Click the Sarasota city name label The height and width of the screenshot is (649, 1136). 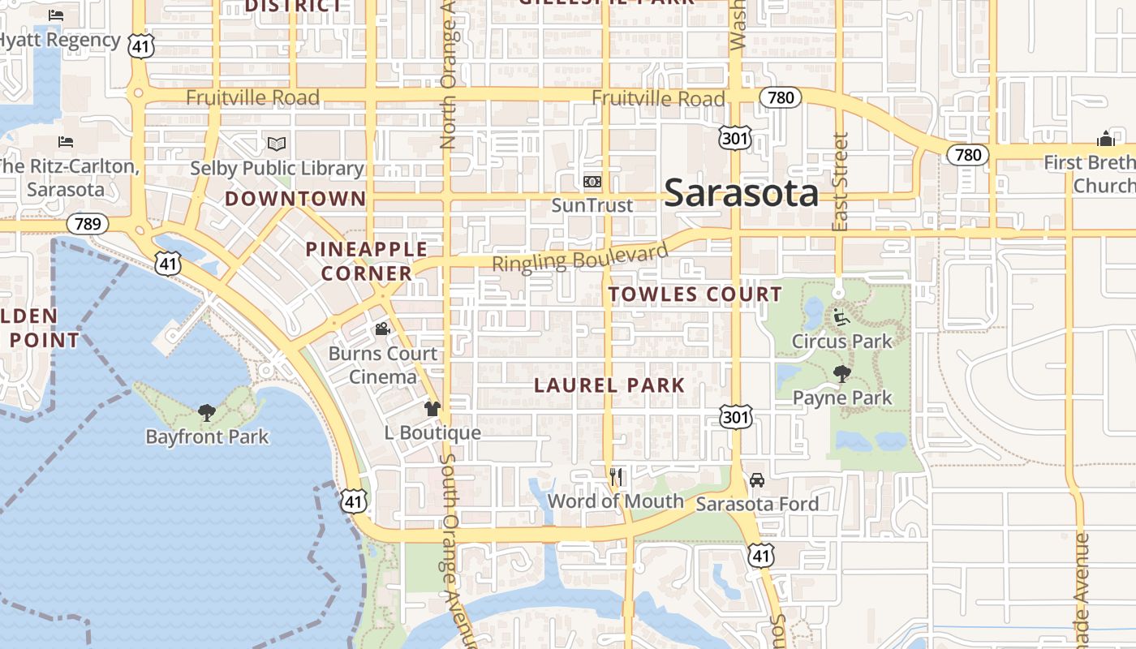point(741,193)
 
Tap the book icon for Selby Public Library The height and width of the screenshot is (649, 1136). point(277,144)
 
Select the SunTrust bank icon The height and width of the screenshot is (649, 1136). point(592,182)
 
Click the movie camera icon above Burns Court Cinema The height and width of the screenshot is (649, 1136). point(382,329)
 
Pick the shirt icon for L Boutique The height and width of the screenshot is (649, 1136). point(432,409)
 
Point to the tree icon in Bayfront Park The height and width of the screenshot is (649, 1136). point(207,413)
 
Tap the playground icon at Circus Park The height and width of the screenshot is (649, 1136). point(841,317)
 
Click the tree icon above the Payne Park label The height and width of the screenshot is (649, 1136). point(841,374)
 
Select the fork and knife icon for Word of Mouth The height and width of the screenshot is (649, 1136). point(616,477)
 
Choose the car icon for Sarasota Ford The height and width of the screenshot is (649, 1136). point(756,480)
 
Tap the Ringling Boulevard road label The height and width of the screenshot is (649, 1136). point(579,259)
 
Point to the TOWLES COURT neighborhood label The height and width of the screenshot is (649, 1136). point(695,294)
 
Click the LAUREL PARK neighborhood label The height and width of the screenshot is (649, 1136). point(609,385)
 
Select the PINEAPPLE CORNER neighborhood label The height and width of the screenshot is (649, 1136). point(367,261)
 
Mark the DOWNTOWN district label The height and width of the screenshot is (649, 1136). point(295,199)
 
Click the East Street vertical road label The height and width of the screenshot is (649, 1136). point(840,182)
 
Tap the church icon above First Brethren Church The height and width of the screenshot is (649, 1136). point(1105,139)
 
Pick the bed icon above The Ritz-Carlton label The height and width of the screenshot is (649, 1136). point(66,142)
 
